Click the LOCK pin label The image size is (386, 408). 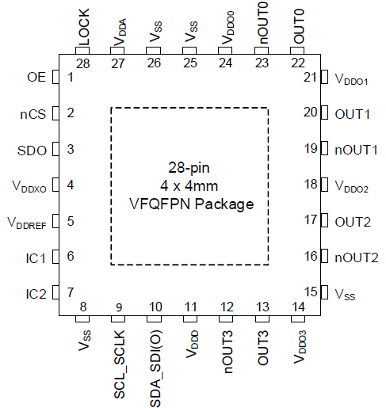pyautogui.click(x=84, y=27)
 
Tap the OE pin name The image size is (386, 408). pyautogui.click(x=36, y=77)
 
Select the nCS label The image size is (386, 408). pyautogui.click(x=33, y=114)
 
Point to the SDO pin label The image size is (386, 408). pyautogui.click(x=32, y=151)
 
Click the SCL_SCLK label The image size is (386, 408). pyautogui.click(x=119, y=364)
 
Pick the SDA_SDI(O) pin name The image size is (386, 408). pyautogui.click(x=155, y=368)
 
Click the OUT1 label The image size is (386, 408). pyautogui.click(x=352, y=114)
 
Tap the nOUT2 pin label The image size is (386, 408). pyautogui.click(x=357, y=257)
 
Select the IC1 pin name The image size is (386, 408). pyautogui.click(x=36, y=258)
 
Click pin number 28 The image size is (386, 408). pyautogui.click(x=83, y=64)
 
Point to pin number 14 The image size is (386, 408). pyautogui.click(x=299, y=307)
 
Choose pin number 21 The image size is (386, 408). pyautogui.click(x=310, y=77)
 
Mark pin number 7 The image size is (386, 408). pyautogui.click(x=71, y=292)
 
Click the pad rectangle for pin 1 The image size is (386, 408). pyautogui.click(x=55, y=77)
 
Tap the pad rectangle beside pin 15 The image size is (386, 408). pyautogui.click(x=324, y=292)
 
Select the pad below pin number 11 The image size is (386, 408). pyautogui.click(x=190, y=318)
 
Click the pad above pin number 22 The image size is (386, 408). pyautogui.click(x=297, y=51)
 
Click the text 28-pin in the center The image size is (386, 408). pyautogui.click(x=189, y=168)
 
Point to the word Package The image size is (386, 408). pyautogui.click(x=224, y=204)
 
